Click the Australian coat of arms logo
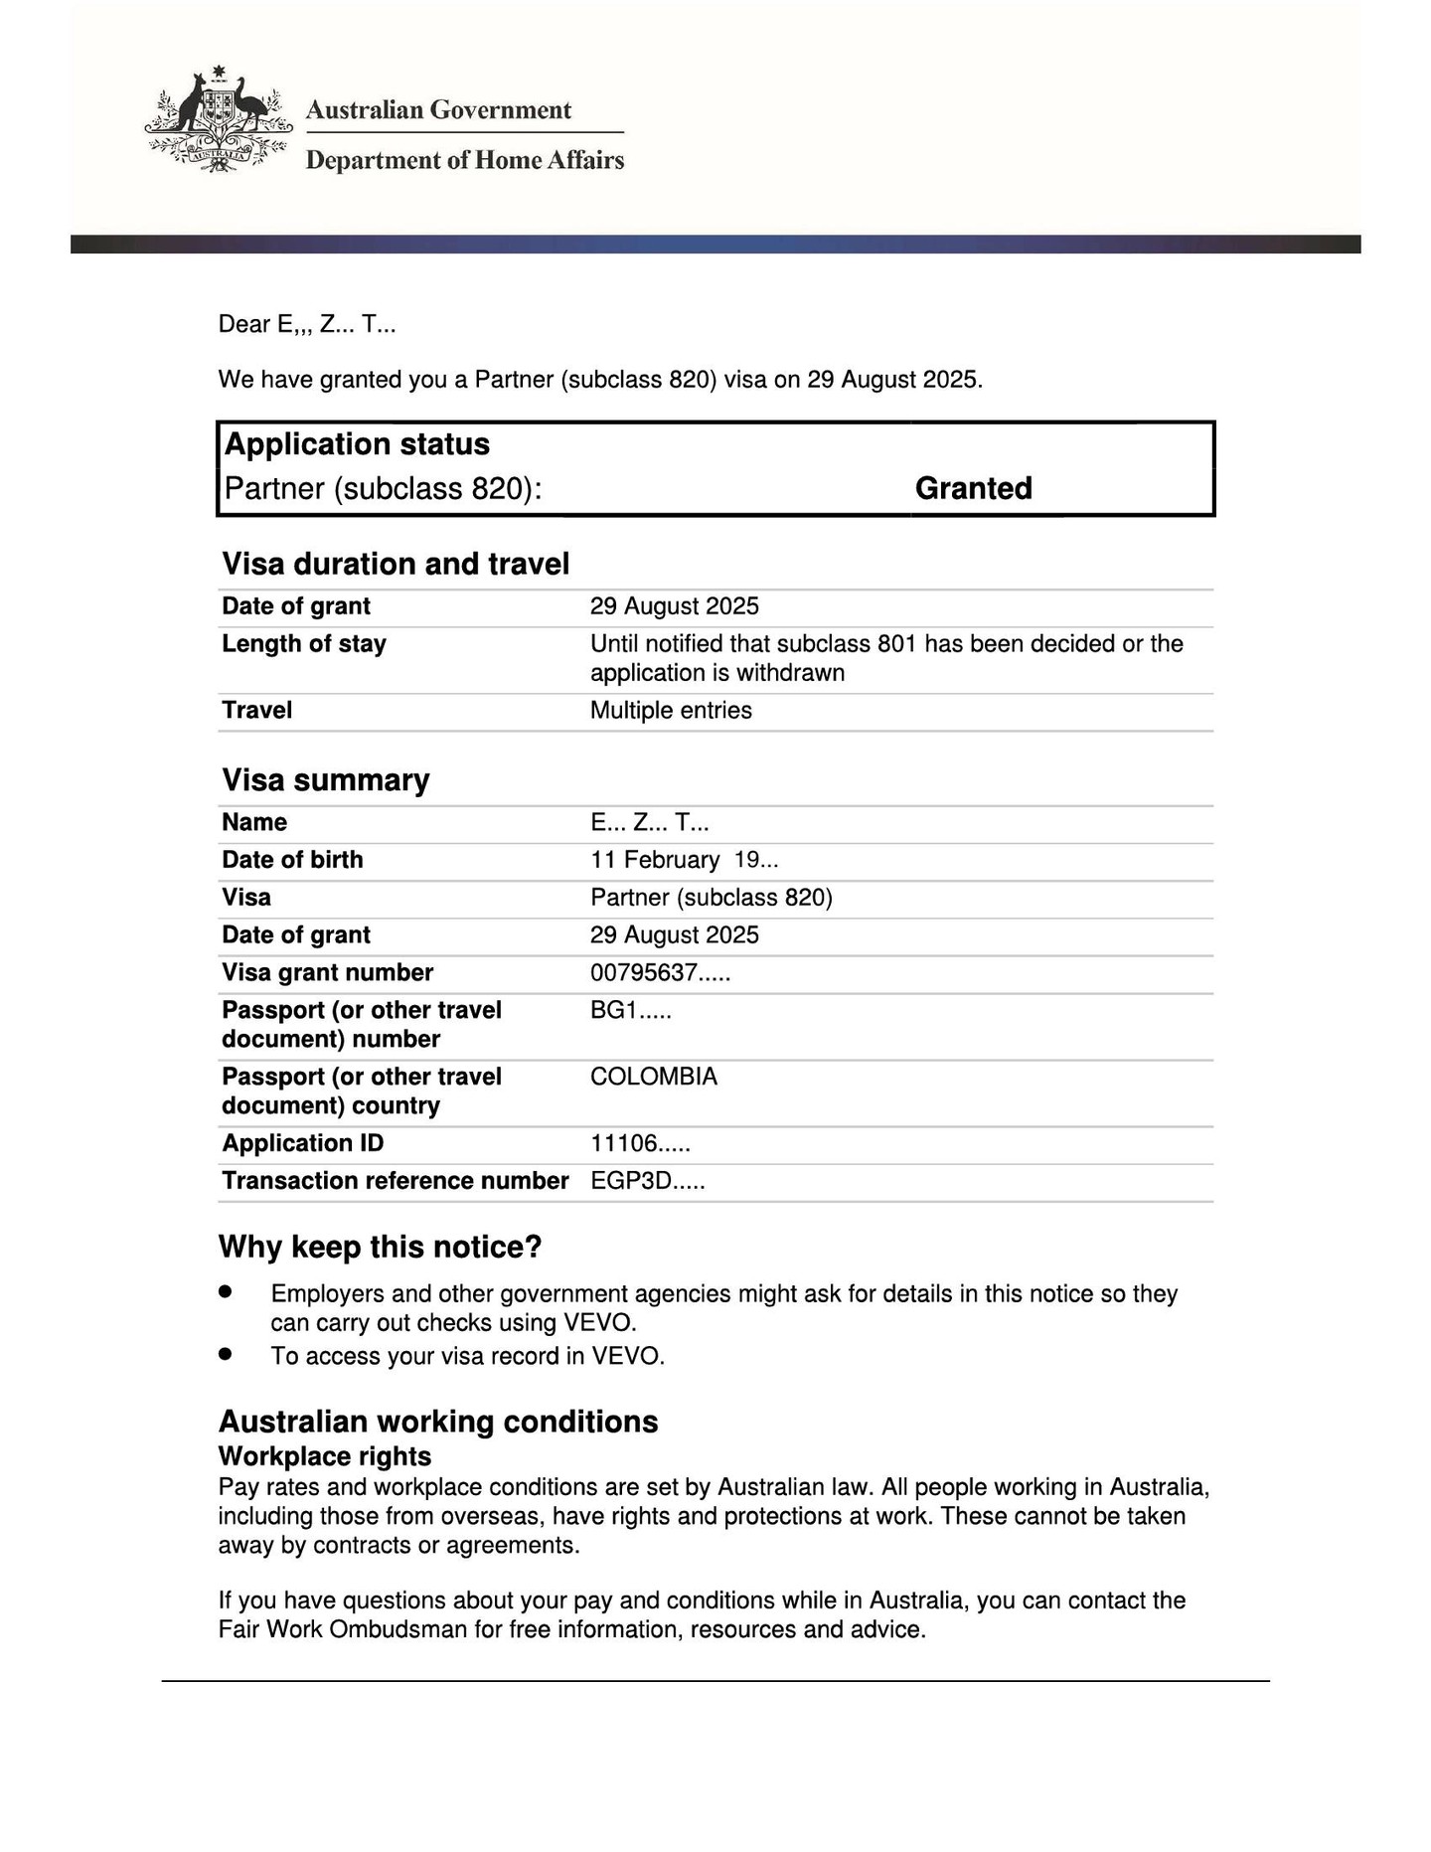[x=219, y=120]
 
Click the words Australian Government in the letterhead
[x=438, y=109]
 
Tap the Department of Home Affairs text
[x=464, y=160]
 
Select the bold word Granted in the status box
[x=973, y=488]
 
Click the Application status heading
[x=357, y=443]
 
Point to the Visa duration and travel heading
[x=396, y=564]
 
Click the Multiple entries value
[x=671, y=710]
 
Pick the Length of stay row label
[x=304, y=643]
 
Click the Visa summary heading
[x=326, y=779]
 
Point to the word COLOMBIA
[x=653, y=1077]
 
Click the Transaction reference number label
[x=395, y=1181]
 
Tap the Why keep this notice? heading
[x=380, y=1247]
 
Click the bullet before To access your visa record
[x=226, y=1353]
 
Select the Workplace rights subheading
[x=325, y=1456]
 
